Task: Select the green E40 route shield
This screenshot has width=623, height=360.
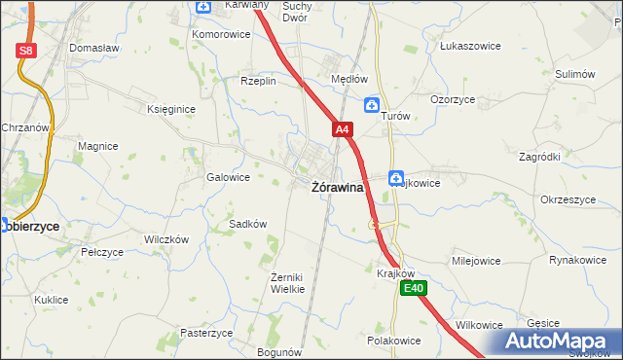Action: point(416,288)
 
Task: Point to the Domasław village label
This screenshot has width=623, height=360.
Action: point(93,47)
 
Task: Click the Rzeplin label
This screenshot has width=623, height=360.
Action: point(259,82)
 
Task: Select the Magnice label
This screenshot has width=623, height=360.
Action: point(98,146)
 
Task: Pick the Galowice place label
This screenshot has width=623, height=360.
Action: point(228,178)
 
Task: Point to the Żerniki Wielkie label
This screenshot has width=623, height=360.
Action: point(287,283)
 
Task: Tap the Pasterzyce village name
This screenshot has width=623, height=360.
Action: point(206,333)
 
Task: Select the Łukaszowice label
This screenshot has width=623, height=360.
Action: point(469,46)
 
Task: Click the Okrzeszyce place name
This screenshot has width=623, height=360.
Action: point(567,199)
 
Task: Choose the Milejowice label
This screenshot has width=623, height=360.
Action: point(475,261)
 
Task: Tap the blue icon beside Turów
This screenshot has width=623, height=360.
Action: point(372,104)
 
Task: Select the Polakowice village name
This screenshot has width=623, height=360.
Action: point(393,342)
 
